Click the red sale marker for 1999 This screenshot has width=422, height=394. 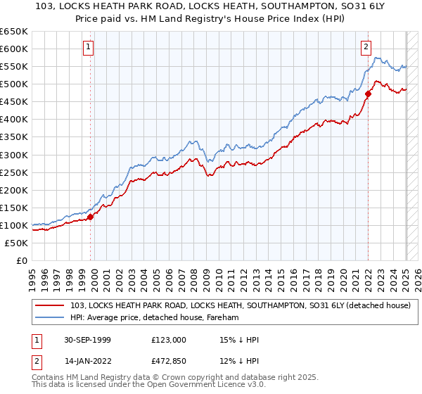pos(91,217)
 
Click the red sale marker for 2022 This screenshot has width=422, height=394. pos(368,94)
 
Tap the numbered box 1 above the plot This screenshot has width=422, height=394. pos(89,48)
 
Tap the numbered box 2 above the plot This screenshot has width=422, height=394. pos(366,48)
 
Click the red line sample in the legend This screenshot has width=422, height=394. pos(49,305)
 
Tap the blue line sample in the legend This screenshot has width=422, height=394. pos(49,318)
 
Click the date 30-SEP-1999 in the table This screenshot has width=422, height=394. pos(83,340)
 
